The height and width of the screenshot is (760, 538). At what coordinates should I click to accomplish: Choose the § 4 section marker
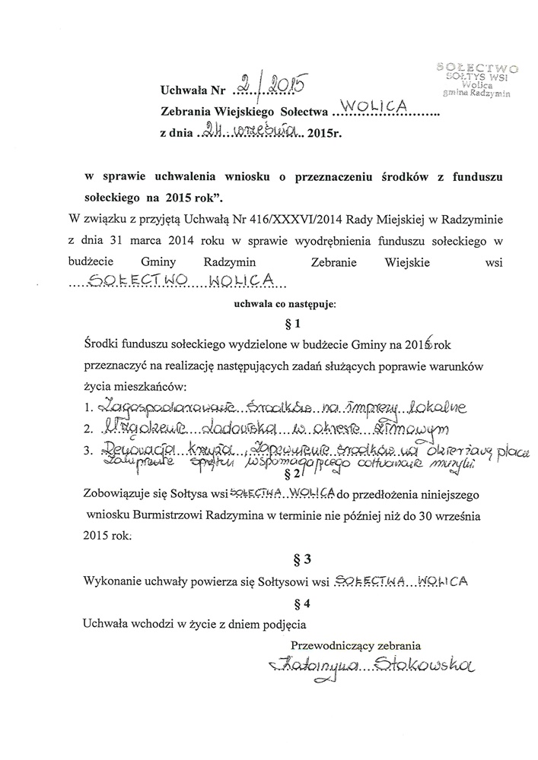(291, 605)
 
